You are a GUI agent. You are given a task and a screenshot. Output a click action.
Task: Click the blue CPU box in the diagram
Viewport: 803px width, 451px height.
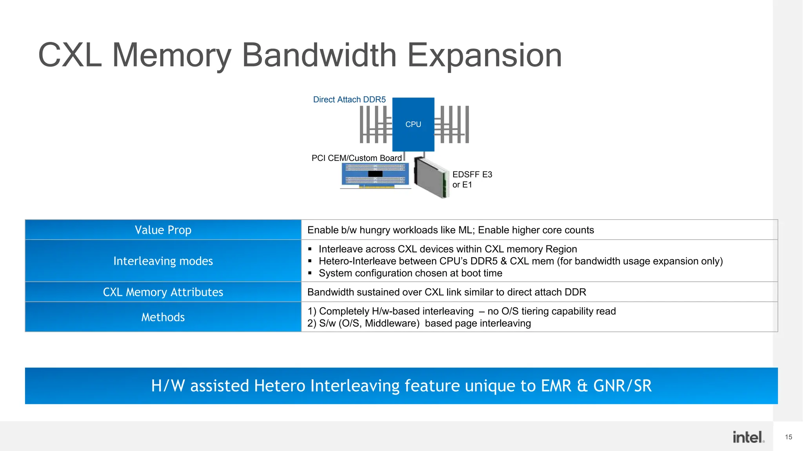pyautogui.click(x=413, y=124)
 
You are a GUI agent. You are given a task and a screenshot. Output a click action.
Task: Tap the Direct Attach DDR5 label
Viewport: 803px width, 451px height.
pyautogui.click(x=349, y=99)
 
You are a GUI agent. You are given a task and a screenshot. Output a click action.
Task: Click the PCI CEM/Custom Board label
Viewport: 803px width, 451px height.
pyautogui.click(x=356, y=158)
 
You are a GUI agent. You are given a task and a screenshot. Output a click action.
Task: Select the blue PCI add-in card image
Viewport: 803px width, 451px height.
pyautogui.click(x=375, y=175)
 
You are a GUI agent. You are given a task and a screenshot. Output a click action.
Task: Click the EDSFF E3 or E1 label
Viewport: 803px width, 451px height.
pyautogui.click(x=472, y=179)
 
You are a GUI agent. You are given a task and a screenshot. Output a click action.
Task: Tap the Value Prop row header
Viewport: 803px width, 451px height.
pyautogui.click(x=163, y=230)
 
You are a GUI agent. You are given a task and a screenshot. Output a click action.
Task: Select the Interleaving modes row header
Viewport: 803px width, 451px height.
pyautogui.click(x=163, y=261)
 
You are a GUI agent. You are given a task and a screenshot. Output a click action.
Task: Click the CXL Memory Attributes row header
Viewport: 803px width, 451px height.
pyautogui.click(x=163, y=292)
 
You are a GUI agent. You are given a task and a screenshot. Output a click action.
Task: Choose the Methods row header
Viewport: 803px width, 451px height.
pyautogui.click(x=163, y=317)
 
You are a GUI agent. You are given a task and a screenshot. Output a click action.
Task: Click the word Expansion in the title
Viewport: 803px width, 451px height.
pyautogui.click(x=484, y=55)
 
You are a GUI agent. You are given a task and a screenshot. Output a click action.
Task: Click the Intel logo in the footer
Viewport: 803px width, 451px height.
pyautogui.click(x=748, y=437)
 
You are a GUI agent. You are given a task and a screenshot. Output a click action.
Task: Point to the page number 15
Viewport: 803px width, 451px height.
pyautogui.click(x=788, y=437)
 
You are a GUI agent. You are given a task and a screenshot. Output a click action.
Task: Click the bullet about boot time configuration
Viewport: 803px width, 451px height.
pyautogui.click(x=410, y=273)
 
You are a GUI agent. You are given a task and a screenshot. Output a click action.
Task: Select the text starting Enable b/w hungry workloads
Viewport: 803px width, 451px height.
pyautogui.click(x=450, y=230)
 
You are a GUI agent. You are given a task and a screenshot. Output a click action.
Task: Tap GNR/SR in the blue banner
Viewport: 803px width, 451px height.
pyautogui.click(x=622, y=386)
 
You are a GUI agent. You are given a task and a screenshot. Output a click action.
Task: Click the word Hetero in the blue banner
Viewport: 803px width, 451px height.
pyautogui.click(x=280, y=386)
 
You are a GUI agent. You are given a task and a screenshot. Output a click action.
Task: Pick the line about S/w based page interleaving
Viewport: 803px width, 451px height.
pyautogui.click(x=419, y=323)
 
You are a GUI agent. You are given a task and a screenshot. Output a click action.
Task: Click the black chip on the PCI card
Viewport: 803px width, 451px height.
pyautogui.click(x=375, y=174)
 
